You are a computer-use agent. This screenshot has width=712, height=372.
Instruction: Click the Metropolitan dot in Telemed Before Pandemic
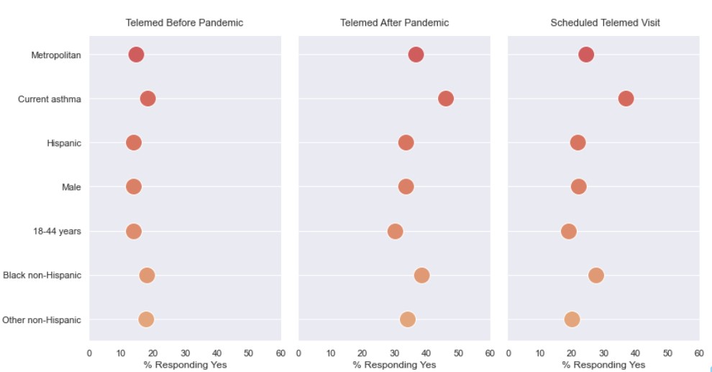coord(136,55)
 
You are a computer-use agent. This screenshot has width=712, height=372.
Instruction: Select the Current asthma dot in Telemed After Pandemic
coord(446,99)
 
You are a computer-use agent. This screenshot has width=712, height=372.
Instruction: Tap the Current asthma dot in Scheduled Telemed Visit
coord(626,99)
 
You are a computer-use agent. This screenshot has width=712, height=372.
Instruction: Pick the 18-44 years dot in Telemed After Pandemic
coord(395,231)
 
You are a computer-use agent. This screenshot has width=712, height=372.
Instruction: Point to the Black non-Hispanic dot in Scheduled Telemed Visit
coord(595,276)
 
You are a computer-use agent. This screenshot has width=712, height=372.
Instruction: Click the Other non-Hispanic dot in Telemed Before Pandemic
coord(146,319)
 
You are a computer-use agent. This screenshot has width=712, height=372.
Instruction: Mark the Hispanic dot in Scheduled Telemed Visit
coord(578,142)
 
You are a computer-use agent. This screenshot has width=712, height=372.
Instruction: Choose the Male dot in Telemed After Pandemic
coord(406,187)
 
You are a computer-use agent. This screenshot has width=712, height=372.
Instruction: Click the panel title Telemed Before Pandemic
coord(184,23)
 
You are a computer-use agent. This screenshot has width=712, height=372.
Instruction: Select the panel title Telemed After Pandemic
coord(394,23)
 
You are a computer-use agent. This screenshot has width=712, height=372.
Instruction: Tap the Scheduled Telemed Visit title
coord(605,23)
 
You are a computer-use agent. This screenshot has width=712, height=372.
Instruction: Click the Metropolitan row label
coord(56,55)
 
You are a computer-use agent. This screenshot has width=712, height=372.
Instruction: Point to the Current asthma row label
coord(50,99)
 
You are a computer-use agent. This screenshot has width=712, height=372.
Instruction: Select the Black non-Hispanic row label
coord(42,276)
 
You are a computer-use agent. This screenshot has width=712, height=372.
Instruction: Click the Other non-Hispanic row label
coord(42,320)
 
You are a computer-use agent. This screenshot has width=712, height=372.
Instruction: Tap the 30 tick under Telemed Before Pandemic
coord(185,353)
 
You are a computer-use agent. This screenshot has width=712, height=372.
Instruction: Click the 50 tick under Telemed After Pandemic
coord(458,353)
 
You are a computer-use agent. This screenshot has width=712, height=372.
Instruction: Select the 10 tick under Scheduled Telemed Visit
coord(540,353)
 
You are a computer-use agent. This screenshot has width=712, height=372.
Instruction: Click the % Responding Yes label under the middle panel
coord(394,365)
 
